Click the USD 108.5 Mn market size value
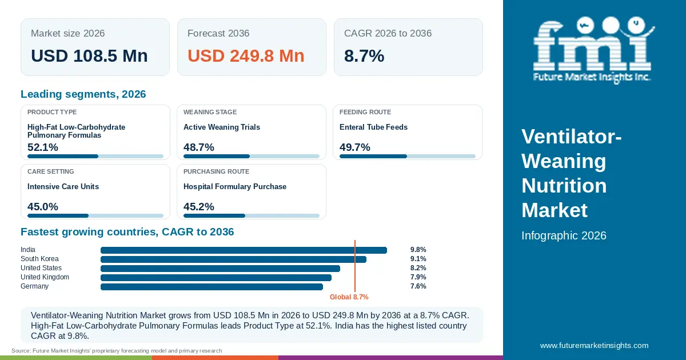coord(89,56)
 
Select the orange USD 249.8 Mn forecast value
coord(246,56)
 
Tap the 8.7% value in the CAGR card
coord(364,56)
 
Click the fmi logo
coord(593,50)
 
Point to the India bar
coord(244,250)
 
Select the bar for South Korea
coord(233,259)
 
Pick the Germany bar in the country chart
coord(212,287)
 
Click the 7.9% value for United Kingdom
coord(418,277)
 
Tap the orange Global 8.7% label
coord(349,297)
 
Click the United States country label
coord(41,268)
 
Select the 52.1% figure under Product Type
coord(42,147)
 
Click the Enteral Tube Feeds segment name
coord(373,127)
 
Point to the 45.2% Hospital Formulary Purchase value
coord(199,207)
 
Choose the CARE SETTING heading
coord(50,171)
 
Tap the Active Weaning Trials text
coord(222,127)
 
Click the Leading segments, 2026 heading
coord(83,94)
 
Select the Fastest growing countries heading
coord(127,232)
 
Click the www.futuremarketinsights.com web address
coord(594,345)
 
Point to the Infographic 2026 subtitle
coord(564,235)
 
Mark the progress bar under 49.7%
coord(408,157)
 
